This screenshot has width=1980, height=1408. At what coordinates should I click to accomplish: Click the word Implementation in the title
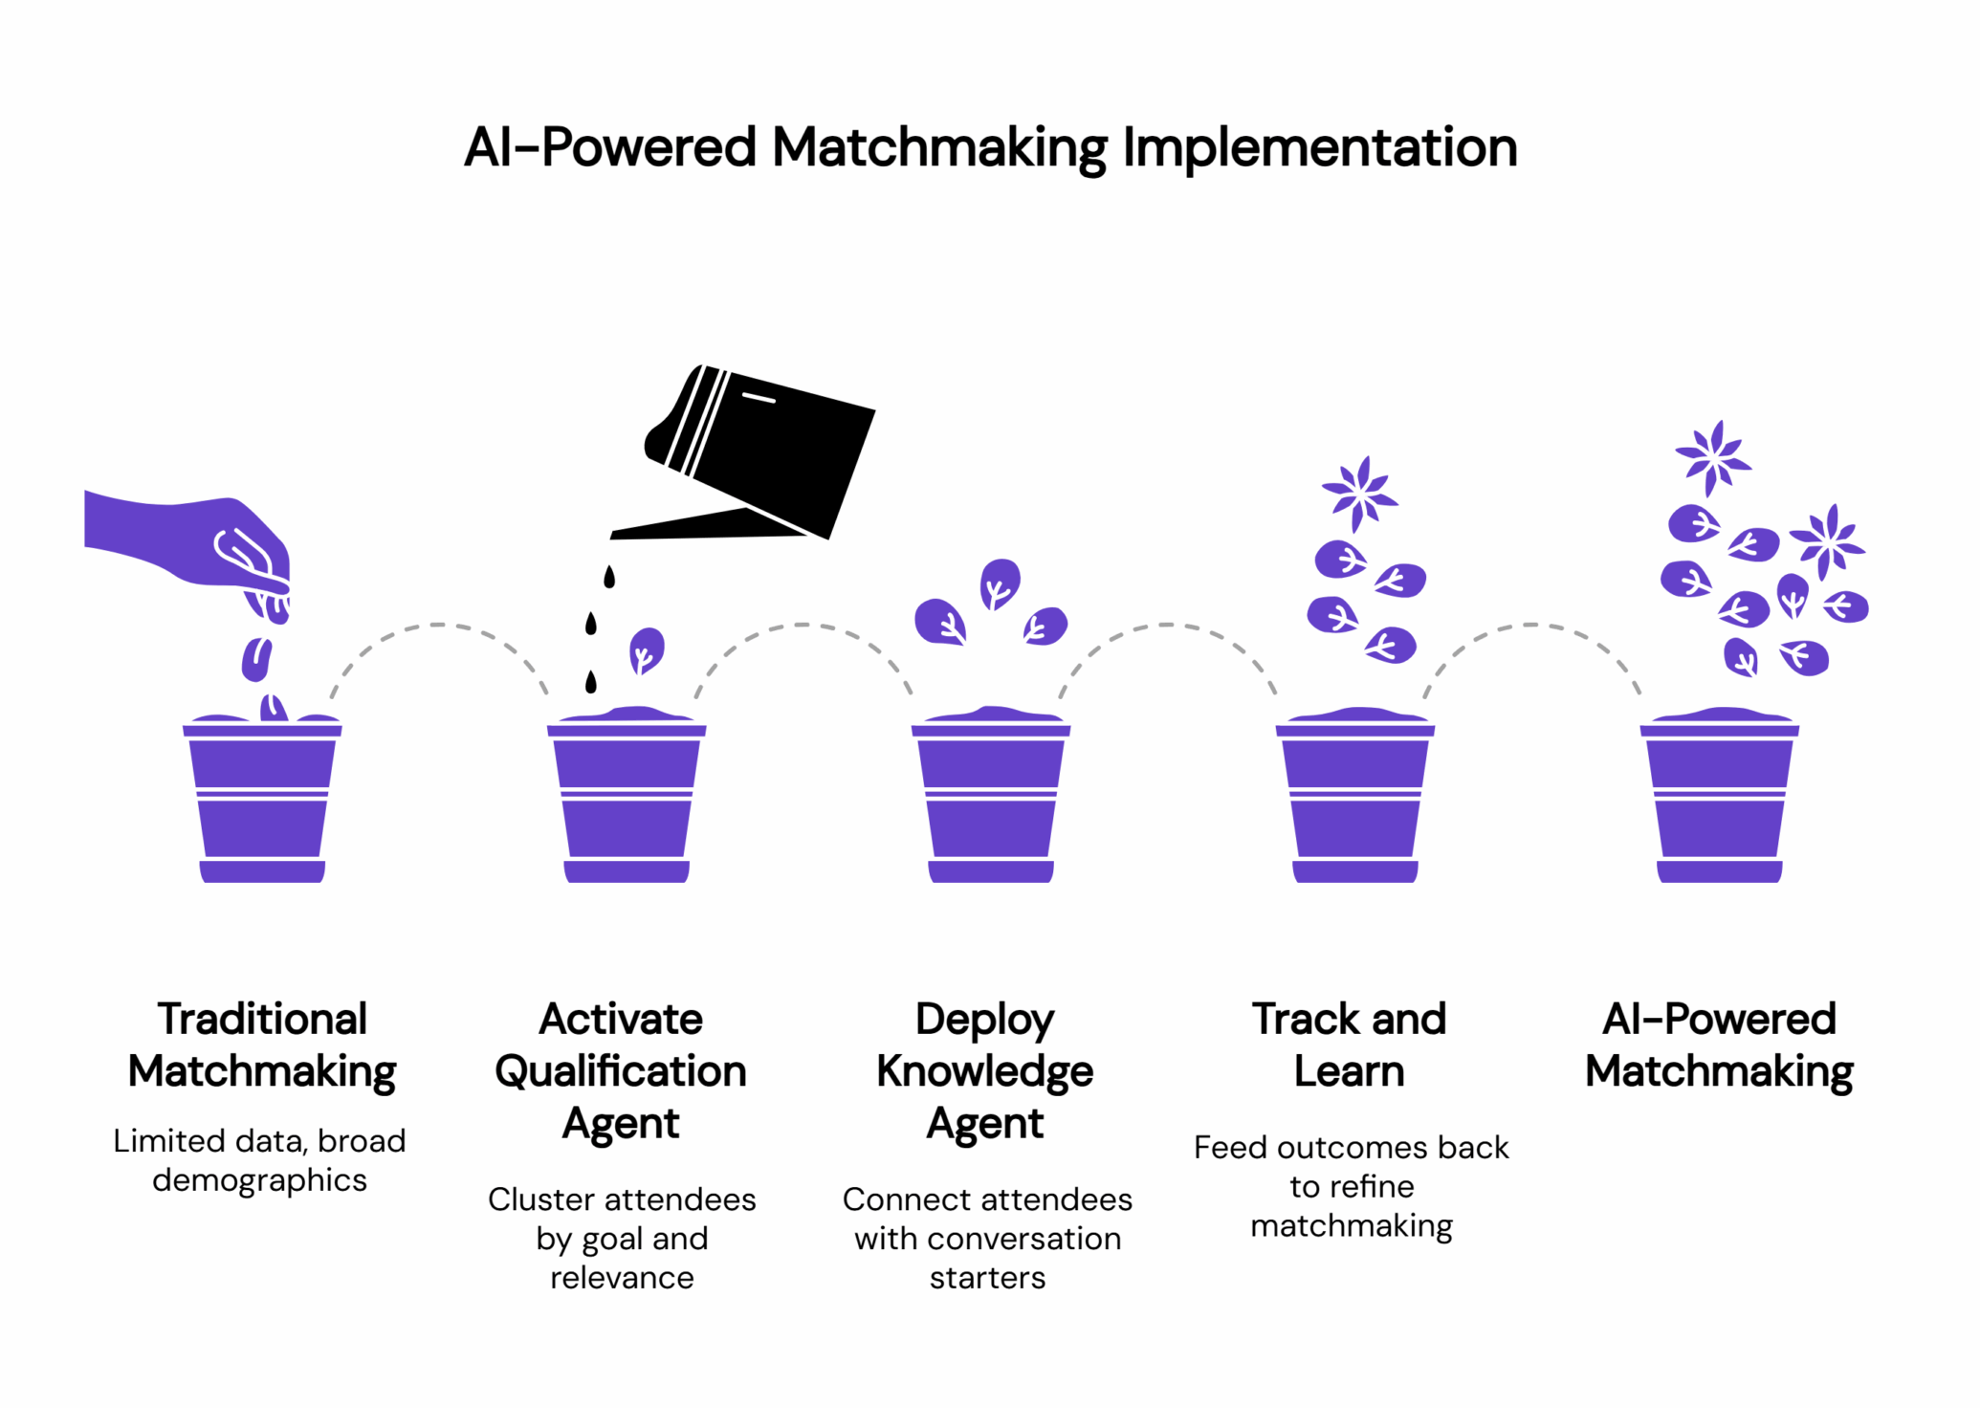click(1319, 148)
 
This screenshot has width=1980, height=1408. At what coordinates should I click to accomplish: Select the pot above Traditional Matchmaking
click(262, 799)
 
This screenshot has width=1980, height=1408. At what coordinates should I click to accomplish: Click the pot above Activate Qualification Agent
click(627, 799)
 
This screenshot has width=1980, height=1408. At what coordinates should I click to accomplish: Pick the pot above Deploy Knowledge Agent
click(991, 799)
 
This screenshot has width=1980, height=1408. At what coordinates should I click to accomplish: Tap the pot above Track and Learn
click(1355, 799)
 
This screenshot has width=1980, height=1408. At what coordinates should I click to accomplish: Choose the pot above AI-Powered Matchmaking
click(1719, 799)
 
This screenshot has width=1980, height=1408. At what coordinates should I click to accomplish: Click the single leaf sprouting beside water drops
click(647, 650)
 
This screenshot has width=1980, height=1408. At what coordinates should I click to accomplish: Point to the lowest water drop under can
click(591, 682)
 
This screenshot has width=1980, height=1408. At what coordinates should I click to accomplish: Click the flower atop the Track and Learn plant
click(1359, 494)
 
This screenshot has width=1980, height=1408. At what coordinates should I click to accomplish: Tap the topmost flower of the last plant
click(1713, 458)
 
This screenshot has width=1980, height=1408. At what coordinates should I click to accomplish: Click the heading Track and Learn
click(1349, 1045)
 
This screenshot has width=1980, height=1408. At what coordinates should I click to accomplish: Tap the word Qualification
click(621, 1071)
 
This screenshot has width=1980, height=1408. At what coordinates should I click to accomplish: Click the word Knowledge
click(984, 1071)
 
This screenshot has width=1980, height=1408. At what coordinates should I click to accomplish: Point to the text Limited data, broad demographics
click(259, 1159)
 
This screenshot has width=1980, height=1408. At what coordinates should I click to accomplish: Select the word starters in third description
click(987, 1277)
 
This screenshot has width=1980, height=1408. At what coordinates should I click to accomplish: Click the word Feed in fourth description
click(1231, 1147)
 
